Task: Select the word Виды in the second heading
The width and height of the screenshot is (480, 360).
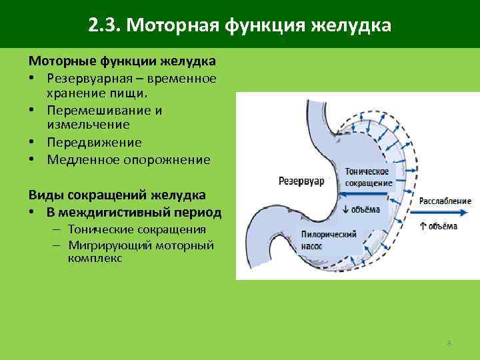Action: [45, 195]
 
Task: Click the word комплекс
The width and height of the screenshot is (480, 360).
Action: [95, 257]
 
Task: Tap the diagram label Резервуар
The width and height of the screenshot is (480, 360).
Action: [301, 181]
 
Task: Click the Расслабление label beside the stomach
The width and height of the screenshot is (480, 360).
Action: [445, 201]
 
